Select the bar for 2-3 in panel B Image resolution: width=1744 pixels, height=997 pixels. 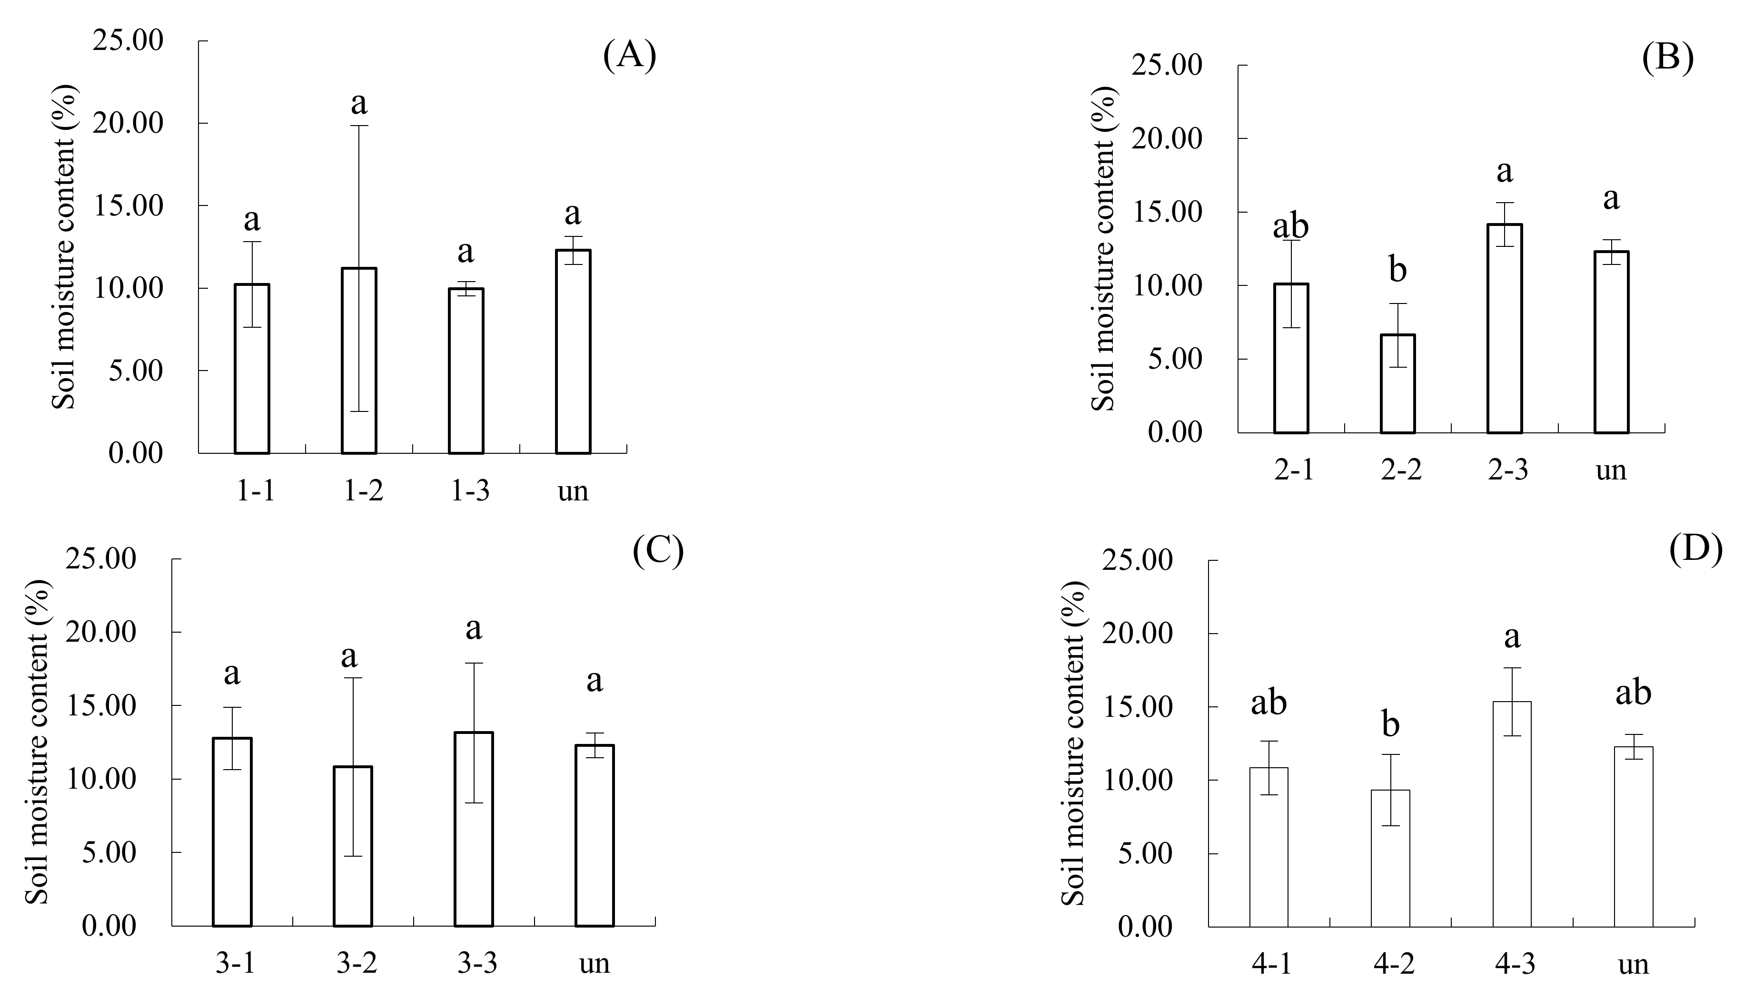tap(1504, 329)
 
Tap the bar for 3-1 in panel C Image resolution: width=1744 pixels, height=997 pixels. tap(232, 832)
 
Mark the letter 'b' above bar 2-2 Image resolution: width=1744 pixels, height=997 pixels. tap(1397, 270)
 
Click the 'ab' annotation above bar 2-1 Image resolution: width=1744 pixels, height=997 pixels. tap(1290, 226)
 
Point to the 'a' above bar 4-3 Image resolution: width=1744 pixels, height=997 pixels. tap(1512, 637)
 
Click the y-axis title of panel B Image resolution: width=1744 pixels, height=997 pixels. tap(1102, 249)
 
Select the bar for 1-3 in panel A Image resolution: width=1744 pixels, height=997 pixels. tap(466, 371)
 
